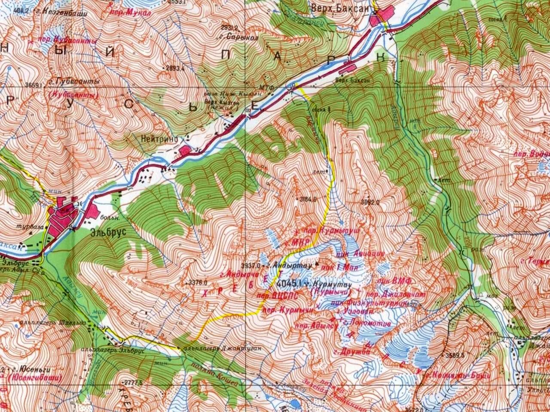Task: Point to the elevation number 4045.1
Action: pyautogui.click(x=290, y=283)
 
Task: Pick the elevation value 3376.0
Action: pyautogui.click(x=198, y=282)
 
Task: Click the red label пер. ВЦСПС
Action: pyautogui.click(x=273, y=296)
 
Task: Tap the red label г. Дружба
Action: pyautogui.click(x=354, y=351)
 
